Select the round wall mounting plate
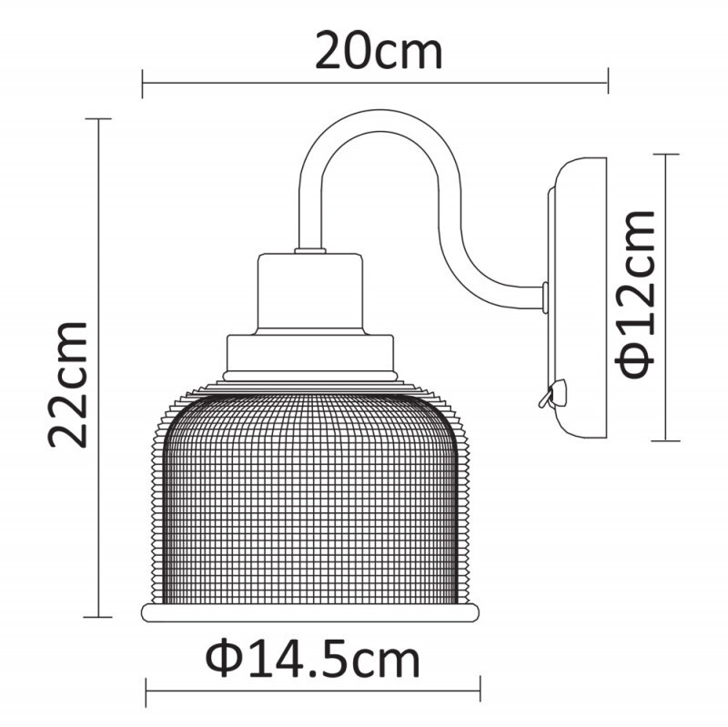tap(578, 300)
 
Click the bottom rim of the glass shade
tap(309, 611)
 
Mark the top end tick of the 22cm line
tap(97, 119)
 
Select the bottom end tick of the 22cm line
tap(97, 617)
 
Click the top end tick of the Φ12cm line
tap(667, 154)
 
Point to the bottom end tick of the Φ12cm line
tap(667, 440)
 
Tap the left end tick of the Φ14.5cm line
tap(146, 694)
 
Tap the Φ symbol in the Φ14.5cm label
tap(224, 657)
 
